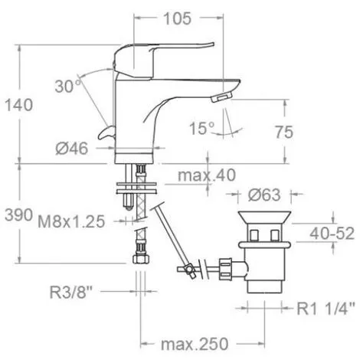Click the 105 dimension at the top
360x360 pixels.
point(177,18)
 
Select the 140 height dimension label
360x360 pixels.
point(19,105)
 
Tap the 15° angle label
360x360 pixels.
point(201,128)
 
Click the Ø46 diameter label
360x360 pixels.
point(72,149)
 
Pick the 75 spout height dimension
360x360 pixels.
point(283,132)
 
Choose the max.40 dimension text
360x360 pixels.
point(207,175)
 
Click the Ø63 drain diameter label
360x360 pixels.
point(264,195)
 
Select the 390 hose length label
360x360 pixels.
point(19,215)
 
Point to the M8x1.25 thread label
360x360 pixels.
point(71,221)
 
